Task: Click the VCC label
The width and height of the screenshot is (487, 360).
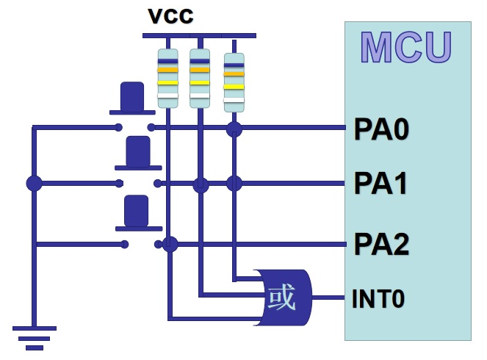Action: tap(170, 16)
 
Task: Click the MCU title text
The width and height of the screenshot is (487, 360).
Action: tap(406, 47)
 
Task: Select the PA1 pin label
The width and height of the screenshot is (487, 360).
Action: tap(381, 184)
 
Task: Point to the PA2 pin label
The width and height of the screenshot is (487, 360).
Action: tap(381, 244)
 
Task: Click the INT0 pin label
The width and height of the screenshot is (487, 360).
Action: tap(378, 300)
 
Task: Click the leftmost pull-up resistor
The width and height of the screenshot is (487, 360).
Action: tap(168, 79)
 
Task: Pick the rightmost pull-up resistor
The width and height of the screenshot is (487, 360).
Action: tap(234, 82)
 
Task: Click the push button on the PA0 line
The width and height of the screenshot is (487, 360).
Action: tap(132, 98)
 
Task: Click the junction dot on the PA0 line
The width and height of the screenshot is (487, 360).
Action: tap(234, 129)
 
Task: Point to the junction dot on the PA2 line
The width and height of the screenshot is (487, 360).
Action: tap(170, 244)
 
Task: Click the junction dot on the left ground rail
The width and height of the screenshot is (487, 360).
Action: tap(34, 183)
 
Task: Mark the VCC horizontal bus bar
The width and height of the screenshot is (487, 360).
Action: tap(199, 35)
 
